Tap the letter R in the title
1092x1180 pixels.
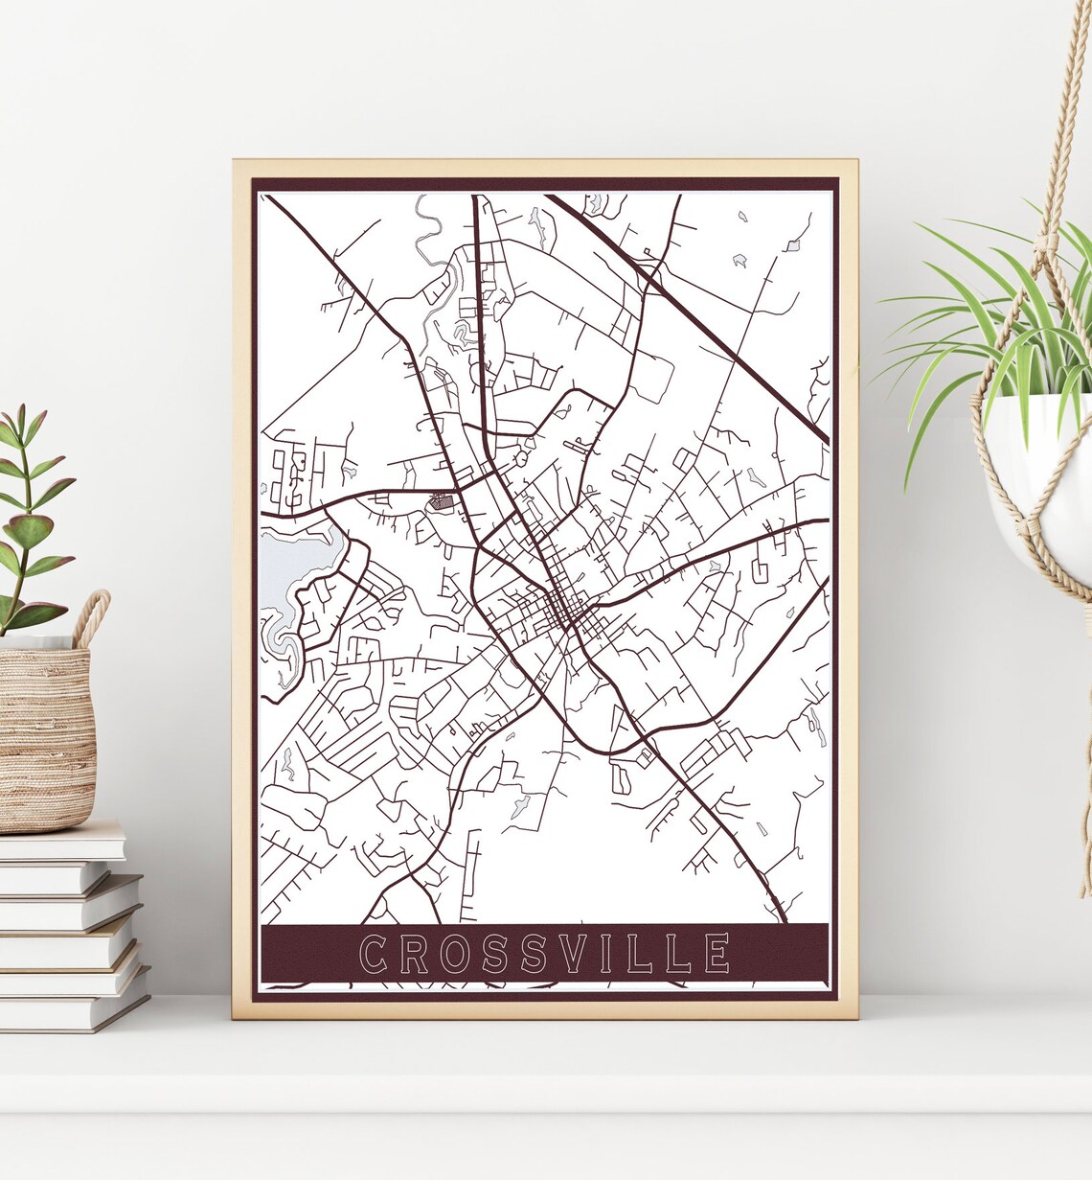pyautogui.click(x=415, y=954)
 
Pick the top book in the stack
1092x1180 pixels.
pyautogui.click(x=62, y=841)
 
